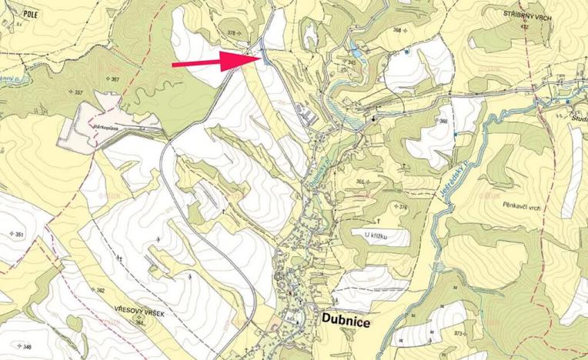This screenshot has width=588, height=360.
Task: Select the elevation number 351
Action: pos(20,234)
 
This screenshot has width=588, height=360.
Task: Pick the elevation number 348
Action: pos(27,347)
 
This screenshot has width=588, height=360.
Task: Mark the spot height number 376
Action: pos(403,208)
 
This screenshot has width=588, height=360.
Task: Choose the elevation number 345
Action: pos(352,62)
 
